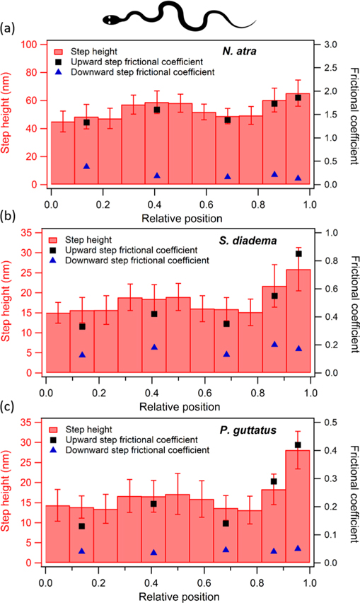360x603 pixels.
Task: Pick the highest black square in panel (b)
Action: coord(298,253)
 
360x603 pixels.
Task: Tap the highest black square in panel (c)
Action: coord(298,445)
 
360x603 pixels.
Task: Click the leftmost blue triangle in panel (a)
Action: coord(87,166)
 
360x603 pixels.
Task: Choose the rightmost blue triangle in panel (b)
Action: coord(298,348)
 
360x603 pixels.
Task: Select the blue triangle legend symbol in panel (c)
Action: coord(59,449)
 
